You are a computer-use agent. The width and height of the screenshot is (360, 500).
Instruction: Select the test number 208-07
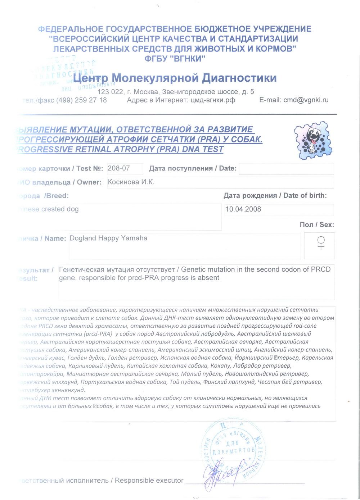click(x=119, y=168)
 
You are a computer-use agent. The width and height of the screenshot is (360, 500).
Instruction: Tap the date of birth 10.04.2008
click(x=243, y=209)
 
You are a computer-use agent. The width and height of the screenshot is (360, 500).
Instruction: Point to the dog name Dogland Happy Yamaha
click(x=108, y=238)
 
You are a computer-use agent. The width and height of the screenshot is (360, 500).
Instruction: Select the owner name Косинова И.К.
click(x=131, y=182)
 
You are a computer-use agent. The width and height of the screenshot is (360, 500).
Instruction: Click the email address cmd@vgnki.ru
click(x=306, y=100)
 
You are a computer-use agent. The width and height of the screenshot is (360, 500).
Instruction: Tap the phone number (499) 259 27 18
click(x=81, y=100)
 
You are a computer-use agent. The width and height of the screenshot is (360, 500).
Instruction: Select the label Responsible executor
click(x=149, y=481)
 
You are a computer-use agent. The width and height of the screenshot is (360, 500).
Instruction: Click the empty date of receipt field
click(x=286, y=169)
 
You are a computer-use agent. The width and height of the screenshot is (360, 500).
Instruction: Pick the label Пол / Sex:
click(x=316, y=224)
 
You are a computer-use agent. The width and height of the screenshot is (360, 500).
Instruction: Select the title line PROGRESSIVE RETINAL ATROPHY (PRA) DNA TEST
click(x=121, y=149)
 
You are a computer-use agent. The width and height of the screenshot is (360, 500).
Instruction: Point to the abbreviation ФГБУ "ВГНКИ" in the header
click(x=175, y=59)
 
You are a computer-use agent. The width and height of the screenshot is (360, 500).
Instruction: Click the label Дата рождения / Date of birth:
click(x=275, y=196)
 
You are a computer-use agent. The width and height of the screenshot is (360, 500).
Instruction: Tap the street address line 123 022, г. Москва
click(x=176, y=92)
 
